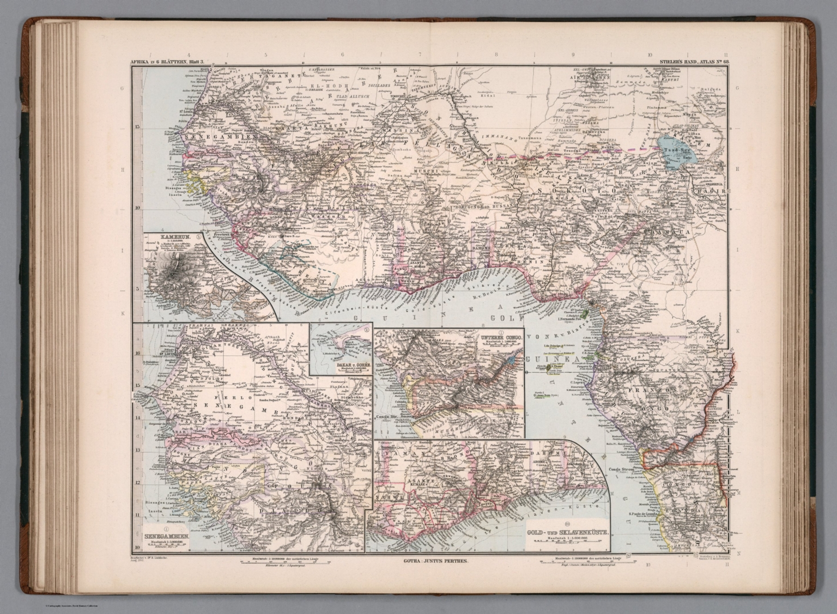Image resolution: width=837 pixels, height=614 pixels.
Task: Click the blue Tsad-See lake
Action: [x=671, y=150]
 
